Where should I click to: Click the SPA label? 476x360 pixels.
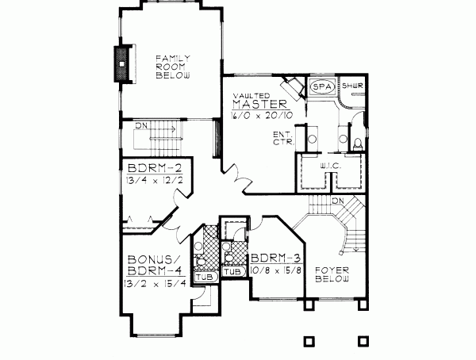[x=321, y=86]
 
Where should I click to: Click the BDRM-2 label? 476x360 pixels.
[x=148, y=169]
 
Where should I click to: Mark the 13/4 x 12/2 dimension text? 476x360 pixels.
[x=148, y=181]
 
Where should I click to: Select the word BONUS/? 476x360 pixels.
[x=151, y=260]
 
